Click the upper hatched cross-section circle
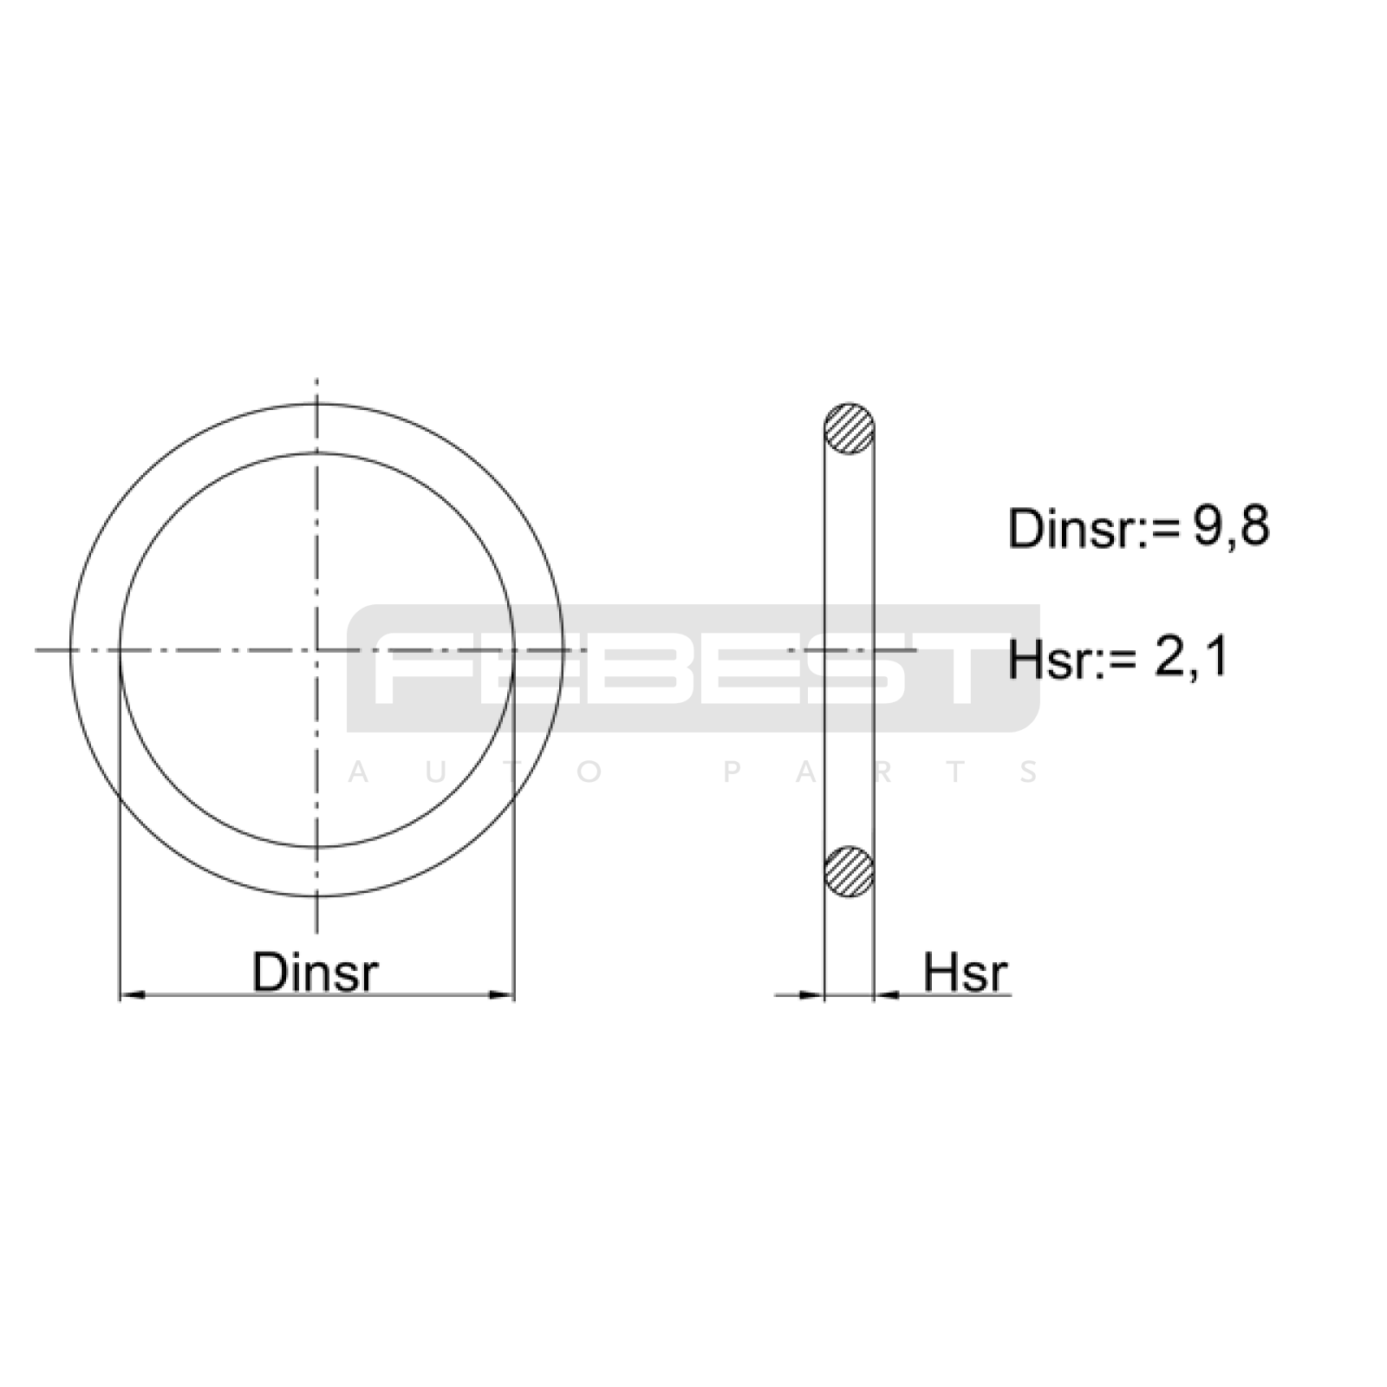pos(849,429)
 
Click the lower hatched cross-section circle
pos(849,871)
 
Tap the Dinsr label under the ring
pos(315,972)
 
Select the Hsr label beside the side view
pos(965,972)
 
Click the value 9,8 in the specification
pos(1231,526)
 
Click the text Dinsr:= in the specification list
pos(1094,528)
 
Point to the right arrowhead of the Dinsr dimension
pos(502,994)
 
